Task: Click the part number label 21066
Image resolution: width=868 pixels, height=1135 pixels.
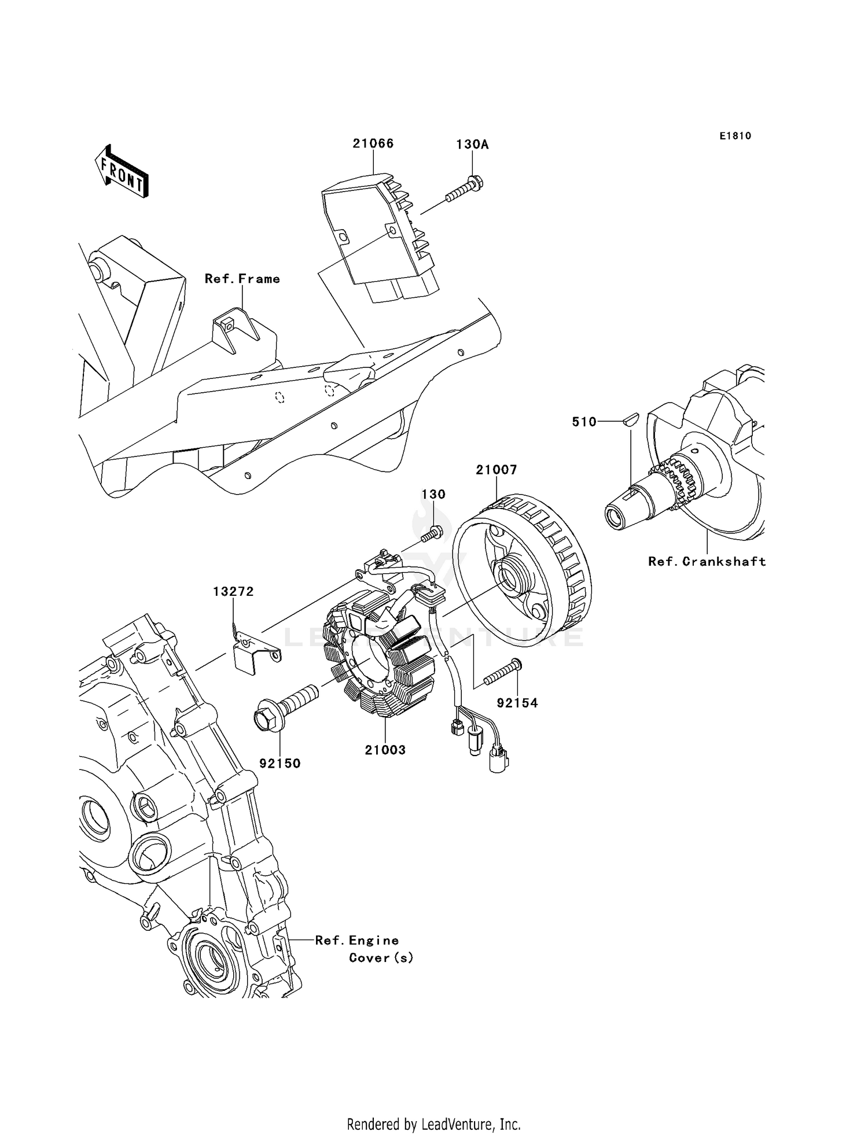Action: [x=373, y=143]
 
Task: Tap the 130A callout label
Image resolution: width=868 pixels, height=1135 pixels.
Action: [x=472, y=145]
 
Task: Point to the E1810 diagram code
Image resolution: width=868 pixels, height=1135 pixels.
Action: [x=735, y=136]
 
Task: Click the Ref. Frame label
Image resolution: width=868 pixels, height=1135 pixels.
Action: [x=242, y=279]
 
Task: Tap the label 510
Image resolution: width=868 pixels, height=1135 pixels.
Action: [x=584, y=422]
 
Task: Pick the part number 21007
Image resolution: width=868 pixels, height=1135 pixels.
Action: [x=496, y=470]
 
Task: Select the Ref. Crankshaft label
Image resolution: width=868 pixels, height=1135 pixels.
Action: [x=707, y=561]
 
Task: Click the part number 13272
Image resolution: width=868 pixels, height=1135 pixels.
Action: [x=233, y=592]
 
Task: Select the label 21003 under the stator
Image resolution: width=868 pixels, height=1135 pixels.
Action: [x=385, y=750]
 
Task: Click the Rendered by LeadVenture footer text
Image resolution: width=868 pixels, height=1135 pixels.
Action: [x=433, y=1124]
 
